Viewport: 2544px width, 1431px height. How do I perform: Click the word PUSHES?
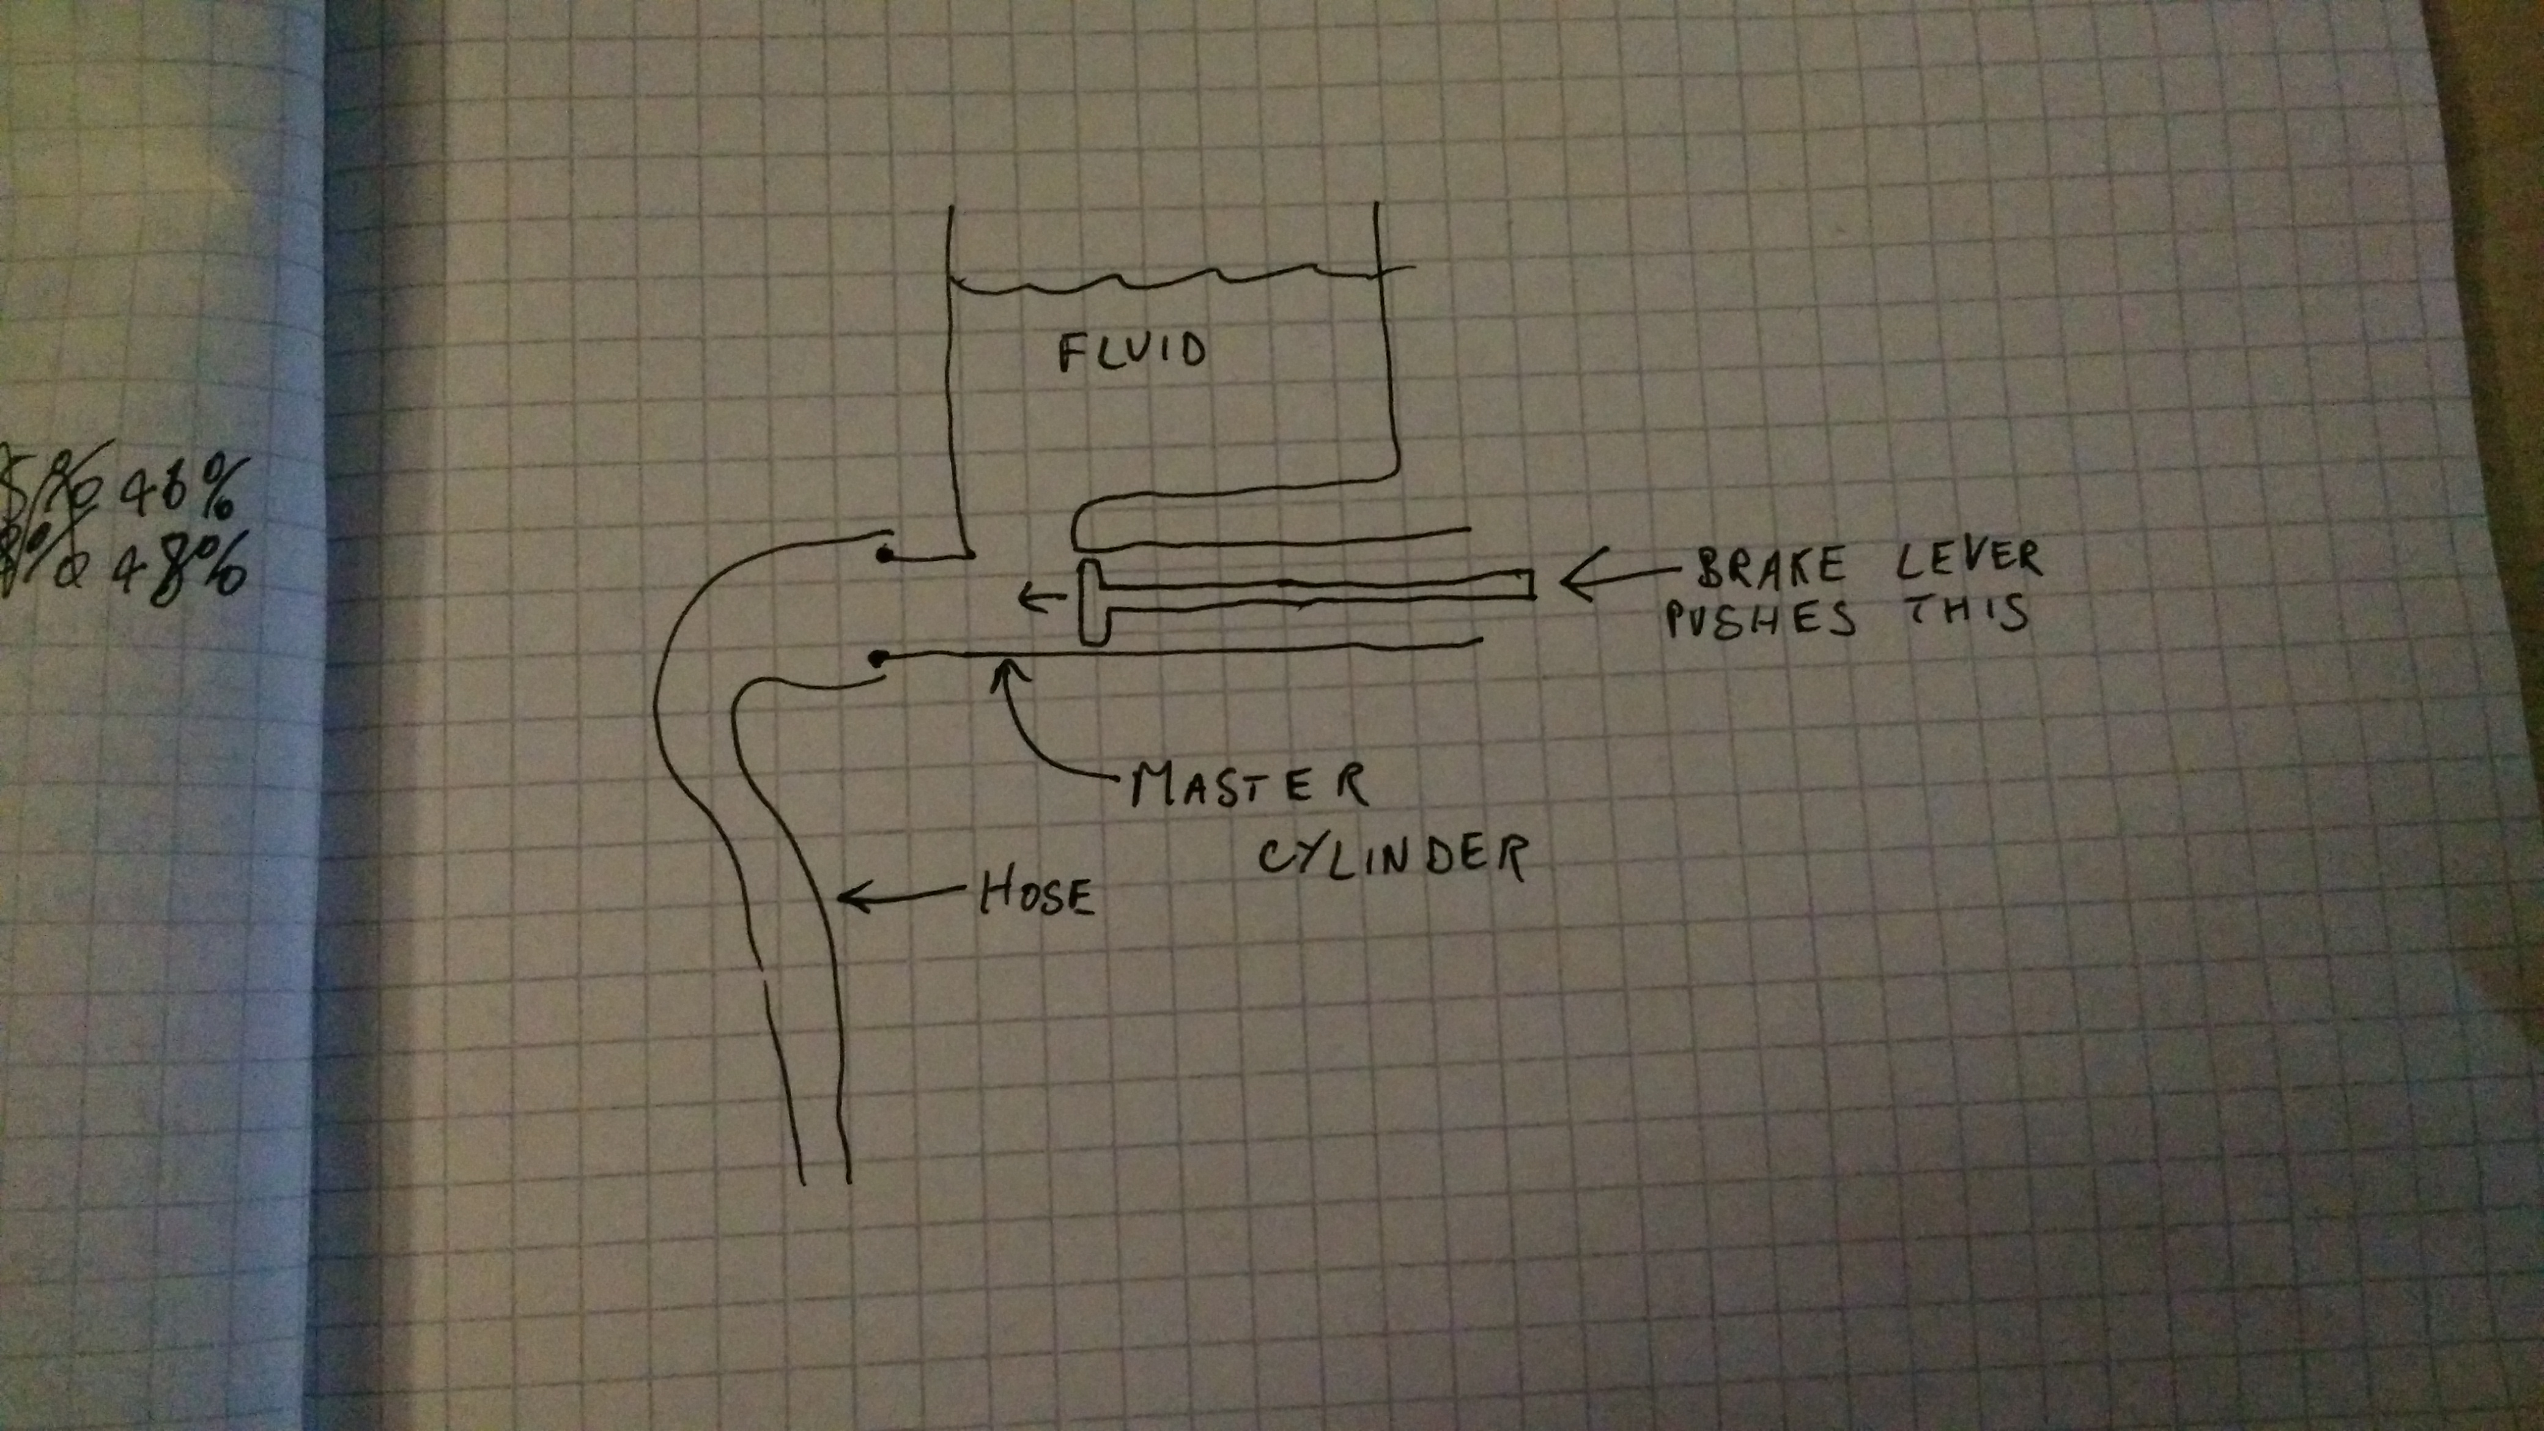pos(1761,620)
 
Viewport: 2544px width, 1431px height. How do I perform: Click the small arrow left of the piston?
pos(1037,596)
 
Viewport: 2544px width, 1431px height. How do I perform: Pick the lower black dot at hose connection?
pos(876,657)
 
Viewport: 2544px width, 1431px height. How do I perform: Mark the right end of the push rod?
pos(1531,585)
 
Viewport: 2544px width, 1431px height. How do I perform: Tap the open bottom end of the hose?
pos(826,1180)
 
